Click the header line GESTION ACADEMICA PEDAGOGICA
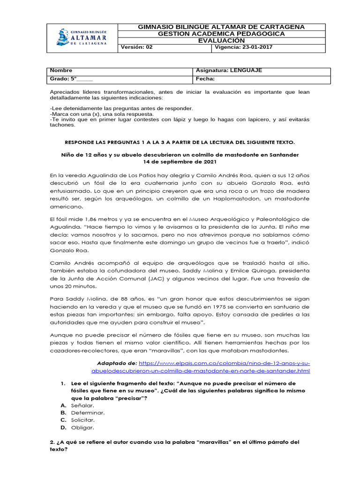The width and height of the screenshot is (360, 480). (x=221, y=34)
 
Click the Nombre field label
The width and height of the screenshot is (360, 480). (x=61, y=70)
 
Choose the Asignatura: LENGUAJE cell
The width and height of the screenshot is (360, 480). (x=230, y=70)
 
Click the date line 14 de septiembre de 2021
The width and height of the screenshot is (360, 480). (x=180, y=162)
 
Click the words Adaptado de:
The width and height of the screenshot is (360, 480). (x=117, y=363)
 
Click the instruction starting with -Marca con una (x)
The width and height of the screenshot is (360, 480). (x=102, y=114)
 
